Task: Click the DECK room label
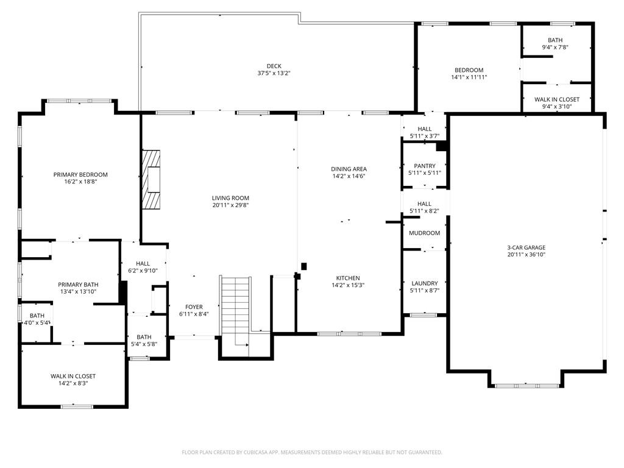[x=274, y=66]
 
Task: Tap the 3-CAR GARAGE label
[x=526, y=247]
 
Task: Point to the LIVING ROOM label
[x=230, y=198]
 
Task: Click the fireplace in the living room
[x=152, y=180]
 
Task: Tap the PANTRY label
[x=424, y=166]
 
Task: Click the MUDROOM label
[x=424, y=233]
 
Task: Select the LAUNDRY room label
[x=424, y=283]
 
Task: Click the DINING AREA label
[x=349, y=169]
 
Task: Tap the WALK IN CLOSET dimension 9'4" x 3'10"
[x=557, y=107]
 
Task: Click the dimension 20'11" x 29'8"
[x=230, y=205]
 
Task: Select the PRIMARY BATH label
[x=78, y=285]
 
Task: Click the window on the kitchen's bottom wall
[x=349, y=333]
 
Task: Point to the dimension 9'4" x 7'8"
[x=555, y=48]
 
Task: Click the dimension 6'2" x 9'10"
[x=143, y=271]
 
